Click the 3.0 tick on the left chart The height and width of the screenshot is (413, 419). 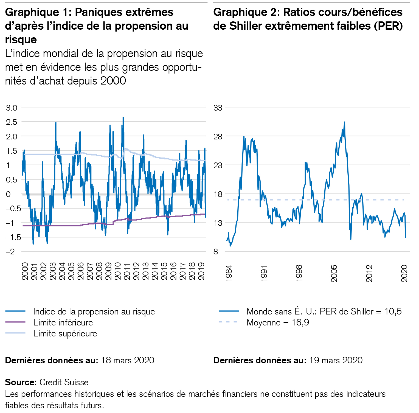12,108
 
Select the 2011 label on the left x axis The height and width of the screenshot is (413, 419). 127,271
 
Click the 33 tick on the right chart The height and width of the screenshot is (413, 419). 218,108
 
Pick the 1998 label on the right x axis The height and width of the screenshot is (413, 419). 299,273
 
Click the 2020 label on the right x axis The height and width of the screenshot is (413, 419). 404,273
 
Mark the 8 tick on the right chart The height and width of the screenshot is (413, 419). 216,252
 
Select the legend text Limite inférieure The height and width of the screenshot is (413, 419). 63,322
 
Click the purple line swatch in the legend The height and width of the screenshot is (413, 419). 15,322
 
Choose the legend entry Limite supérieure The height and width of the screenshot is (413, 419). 65,333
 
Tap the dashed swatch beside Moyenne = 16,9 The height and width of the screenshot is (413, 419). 228,322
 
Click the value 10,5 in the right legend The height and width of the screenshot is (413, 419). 393,311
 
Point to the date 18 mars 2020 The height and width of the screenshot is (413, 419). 128,360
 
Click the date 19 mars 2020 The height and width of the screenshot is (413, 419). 336,360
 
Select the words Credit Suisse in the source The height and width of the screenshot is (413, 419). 64,382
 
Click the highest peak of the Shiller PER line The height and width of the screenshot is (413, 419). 344,122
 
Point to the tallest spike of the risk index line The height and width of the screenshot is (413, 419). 123,117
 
